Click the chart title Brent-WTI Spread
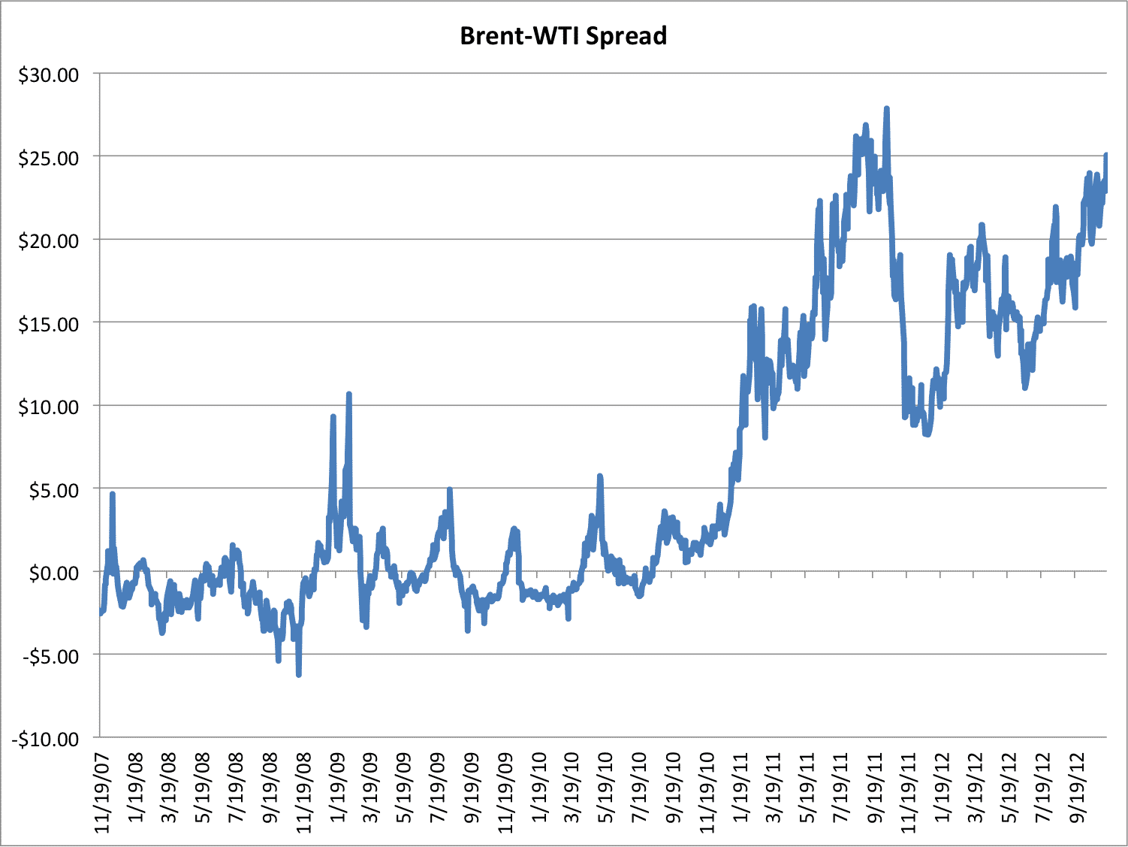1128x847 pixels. click(563, 35)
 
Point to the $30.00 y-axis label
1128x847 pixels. click(49, 74)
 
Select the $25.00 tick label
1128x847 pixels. click(49, 158)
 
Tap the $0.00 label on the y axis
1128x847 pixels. click(53, 573)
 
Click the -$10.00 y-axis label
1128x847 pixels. click(45, 739)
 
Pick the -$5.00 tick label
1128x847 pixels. click(50, 656)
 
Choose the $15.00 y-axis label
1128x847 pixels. click(49, 324)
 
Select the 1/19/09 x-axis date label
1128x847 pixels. click(339, 789)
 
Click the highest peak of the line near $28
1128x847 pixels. click(887, 108)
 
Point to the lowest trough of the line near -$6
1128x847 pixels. click(299, 675)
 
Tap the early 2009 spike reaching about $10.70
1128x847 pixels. click(349, 394)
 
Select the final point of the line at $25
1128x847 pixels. click(1106, 155)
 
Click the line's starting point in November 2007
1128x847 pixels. click(101, 613)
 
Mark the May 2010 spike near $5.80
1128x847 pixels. click(599, 476)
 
